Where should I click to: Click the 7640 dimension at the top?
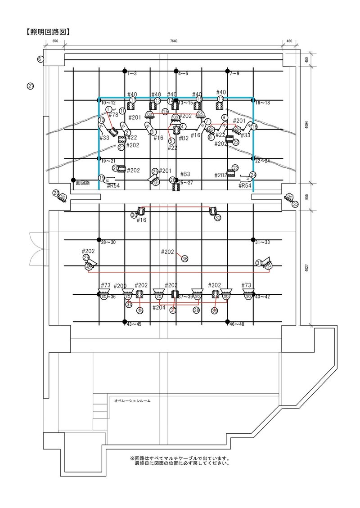(173, 41)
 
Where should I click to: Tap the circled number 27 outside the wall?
(31, 86)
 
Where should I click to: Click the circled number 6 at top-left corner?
(40, 59)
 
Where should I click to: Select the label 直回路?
(83, 183)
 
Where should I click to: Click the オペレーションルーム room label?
(132, 400)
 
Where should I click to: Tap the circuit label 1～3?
(132, 73)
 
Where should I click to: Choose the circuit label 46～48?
(237, 324)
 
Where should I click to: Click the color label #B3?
(185, 174)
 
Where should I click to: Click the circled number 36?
(184, 258)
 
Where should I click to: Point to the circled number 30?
(134, 216)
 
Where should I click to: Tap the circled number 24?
(253, 175)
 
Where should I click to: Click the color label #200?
(120, 286)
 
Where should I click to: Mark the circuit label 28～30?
(108, 243)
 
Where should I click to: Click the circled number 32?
(218, 218)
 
